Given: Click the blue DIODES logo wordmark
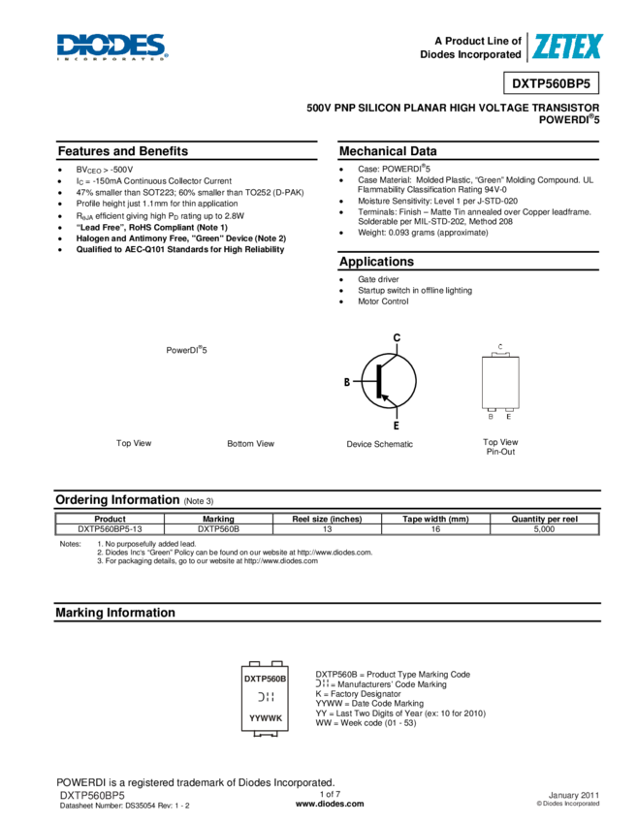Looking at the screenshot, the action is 111,45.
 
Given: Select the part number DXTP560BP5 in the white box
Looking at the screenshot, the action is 551,83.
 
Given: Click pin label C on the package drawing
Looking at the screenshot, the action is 500,346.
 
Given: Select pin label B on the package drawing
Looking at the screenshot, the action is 491,417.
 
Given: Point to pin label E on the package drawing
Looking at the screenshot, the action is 509,417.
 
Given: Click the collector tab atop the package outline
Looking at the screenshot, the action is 500,355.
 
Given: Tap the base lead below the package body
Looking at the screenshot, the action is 492,409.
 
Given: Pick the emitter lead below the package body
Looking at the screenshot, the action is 509,409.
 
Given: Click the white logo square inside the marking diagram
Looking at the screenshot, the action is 265,697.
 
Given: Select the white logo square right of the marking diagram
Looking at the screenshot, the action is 322,683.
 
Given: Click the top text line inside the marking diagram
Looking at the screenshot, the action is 265,680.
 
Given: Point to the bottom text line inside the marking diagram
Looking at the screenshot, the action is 265,719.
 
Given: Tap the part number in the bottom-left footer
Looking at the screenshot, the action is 93,796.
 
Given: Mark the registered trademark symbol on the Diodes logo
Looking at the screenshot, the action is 168,36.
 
